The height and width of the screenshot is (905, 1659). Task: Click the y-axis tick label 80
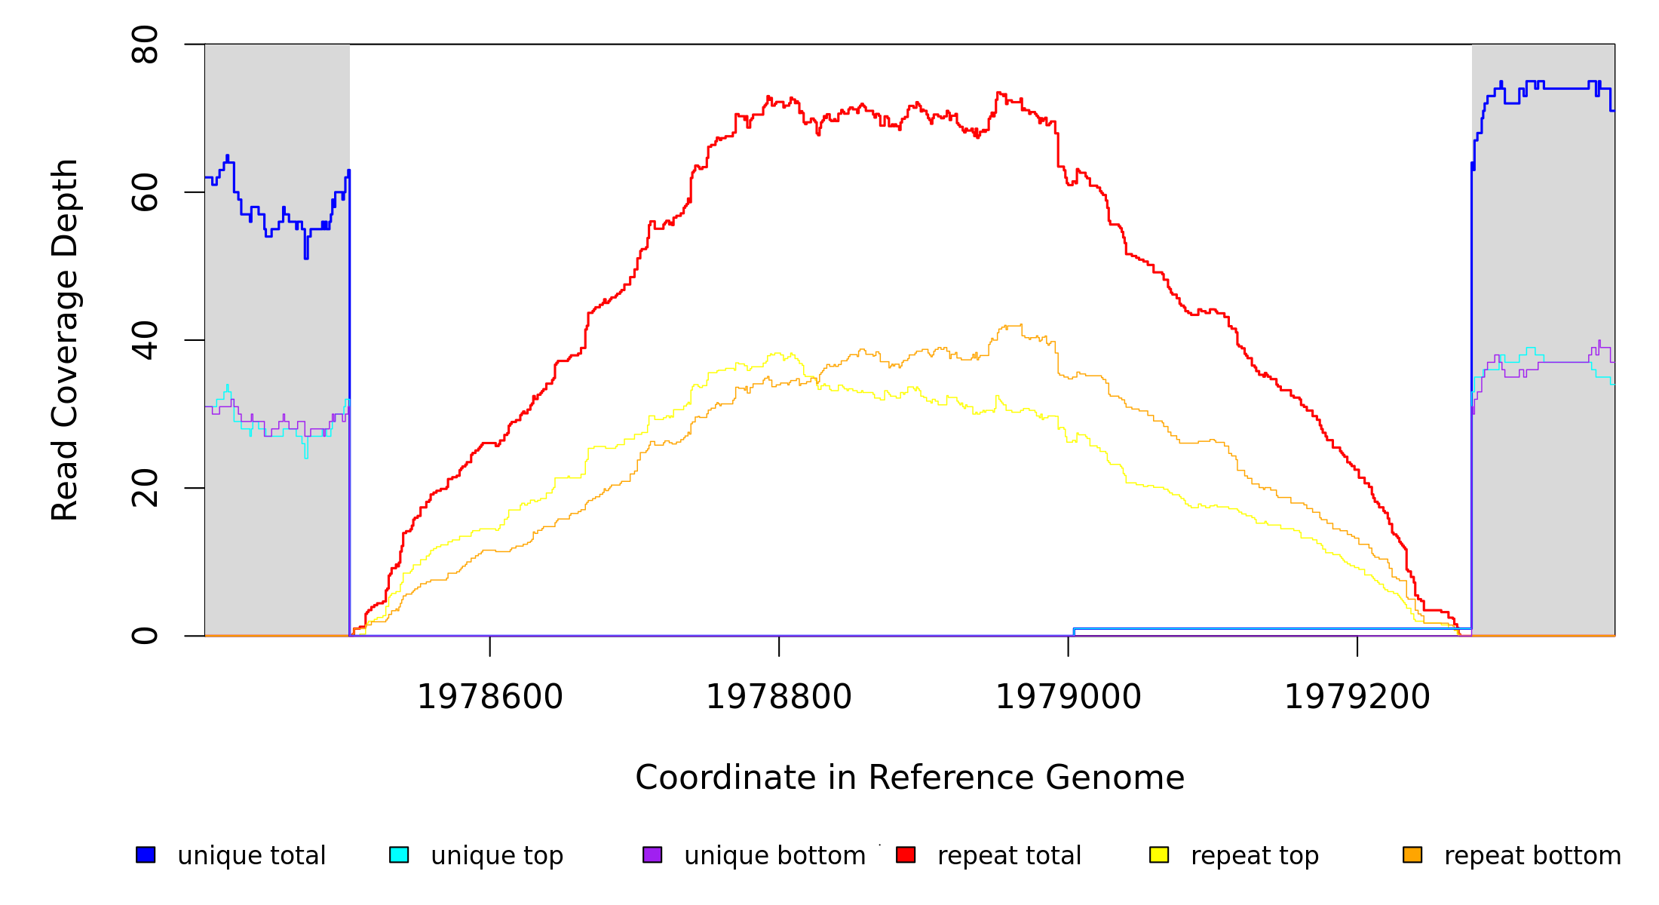point(145,44)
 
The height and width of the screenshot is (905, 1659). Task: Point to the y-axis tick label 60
point(145,192)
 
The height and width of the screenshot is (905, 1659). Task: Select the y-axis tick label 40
point(145,340)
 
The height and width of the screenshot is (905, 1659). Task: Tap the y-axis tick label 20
point(145,488)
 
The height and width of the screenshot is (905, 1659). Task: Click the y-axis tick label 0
point(145,636)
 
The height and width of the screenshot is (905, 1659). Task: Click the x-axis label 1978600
point(490,698)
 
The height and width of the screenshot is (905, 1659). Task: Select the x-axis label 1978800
point(779,698)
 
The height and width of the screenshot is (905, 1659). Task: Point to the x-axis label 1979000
point(1069,698)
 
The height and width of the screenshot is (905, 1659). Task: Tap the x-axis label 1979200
point(1357,698)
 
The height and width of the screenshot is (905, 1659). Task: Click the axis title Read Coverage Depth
point(65,340)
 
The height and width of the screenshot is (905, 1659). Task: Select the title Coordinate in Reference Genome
point(909,778)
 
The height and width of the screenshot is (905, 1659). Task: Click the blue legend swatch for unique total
point(146,855)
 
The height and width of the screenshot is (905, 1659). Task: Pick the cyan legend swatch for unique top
point(399,855)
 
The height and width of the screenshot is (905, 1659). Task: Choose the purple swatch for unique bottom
point(652,855)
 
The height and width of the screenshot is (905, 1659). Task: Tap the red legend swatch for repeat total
point(906,855)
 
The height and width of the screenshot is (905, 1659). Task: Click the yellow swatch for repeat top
point(1159,855)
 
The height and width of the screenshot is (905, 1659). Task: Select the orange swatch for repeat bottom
point(1412,855)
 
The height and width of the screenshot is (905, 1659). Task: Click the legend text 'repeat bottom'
point(1532,856)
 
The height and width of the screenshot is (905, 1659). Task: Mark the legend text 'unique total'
point(252,856)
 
